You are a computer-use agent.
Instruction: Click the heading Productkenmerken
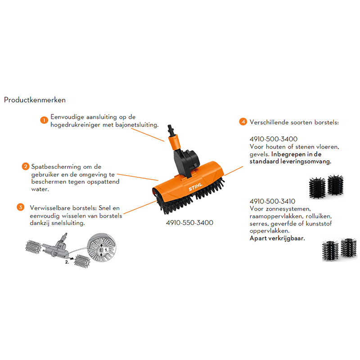[x=35, y=99]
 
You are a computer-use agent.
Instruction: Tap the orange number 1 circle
[x=44, y=120]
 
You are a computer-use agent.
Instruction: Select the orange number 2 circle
[x=26, y=166]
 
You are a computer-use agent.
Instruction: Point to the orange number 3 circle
[x=20, y=207]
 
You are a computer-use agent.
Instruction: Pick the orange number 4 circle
[x=243, y=121]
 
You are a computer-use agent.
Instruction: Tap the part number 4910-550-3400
[x=190, y=222]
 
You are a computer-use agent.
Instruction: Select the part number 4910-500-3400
[x=273, y=139]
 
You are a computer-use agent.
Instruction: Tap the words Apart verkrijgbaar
[x=277, y=238]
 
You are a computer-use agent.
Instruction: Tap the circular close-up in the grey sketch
[x=101, y=248]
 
